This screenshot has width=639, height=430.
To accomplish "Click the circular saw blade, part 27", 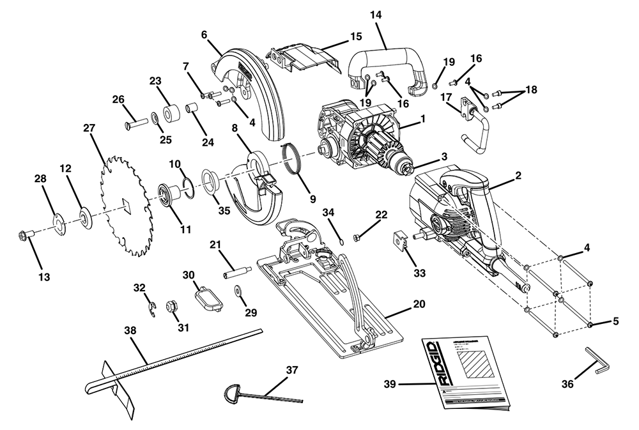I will pos(125,204).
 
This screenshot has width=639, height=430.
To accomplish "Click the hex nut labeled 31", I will pos(171,306).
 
